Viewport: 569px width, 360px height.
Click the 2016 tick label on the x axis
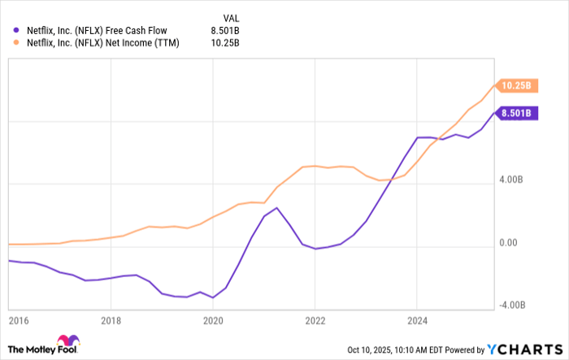[17, 321]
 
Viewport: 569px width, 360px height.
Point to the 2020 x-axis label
[213, 321]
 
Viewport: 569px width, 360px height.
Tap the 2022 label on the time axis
[315, 321]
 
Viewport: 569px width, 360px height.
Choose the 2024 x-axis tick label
[416, 321]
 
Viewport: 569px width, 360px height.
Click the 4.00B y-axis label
[518, 183]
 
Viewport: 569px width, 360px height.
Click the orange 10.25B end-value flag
[516, 85]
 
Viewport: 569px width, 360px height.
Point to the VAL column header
[231, 16]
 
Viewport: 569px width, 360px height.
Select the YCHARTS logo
[524, 349]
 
